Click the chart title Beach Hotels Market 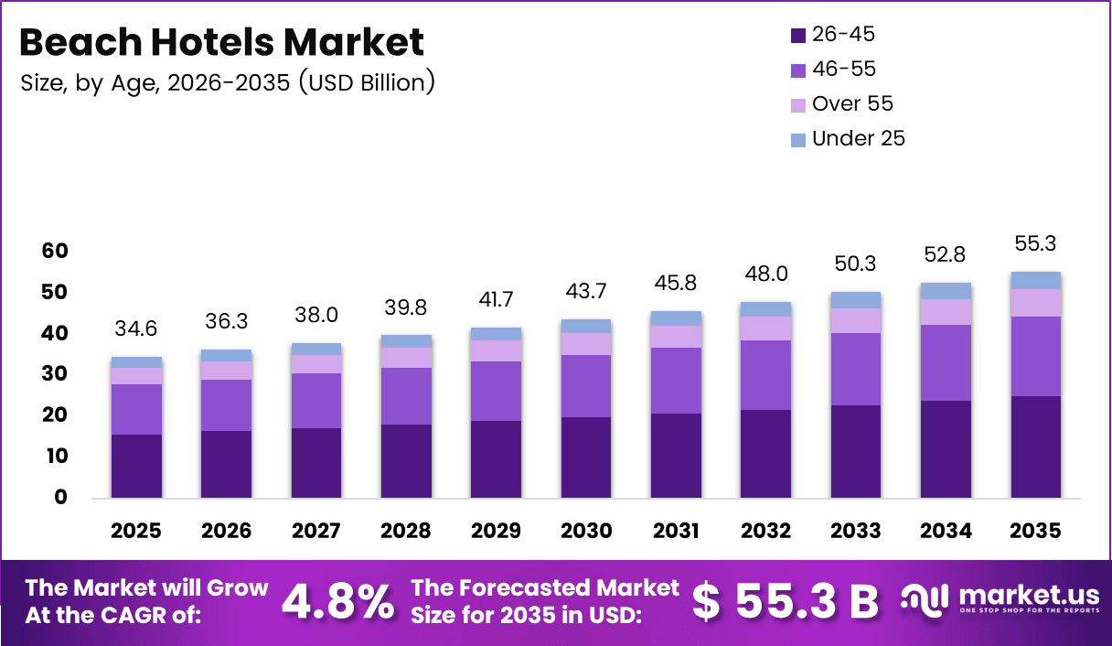[222, 42]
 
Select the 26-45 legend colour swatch [798, 36]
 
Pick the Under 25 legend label [858, 139]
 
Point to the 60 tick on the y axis [54, 251]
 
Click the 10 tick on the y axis [54, 456]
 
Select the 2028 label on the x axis [406, 532]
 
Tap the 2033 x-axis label [856, 532]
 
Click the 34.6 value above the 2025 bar [136, 328]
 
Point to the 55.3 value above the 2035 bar [1036, 244]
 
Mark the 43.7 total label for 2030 [585, 290]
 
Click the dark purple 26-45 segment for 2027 [316, 463]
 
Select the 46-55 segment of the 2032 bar [766, 375]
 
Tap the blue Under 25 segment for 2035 [1036, 280]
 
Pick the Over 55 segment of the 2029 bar [497, 350]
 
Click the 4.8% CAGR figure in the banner [337, 600]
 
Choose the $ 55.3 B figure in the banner [785, 600]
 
